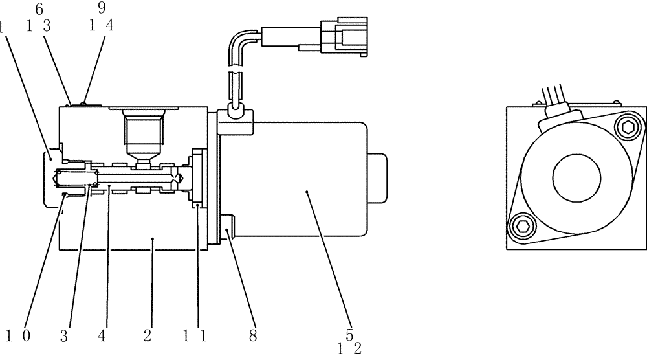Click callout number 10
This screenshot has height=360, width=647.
pyautogui.click(x=18, y=335)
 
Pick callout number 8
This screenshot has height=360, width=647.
pyautogui.click(x=252, y=335)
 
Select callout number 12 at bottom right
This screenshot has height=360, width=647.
pyautogui.click(x=349, y=349)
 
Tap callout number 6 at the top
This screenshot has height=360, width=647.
pyautogui.click(x=39, y=9)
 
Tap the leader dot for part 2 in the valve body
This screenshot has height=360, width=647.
pyautogui.click(x=153, y=239)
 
